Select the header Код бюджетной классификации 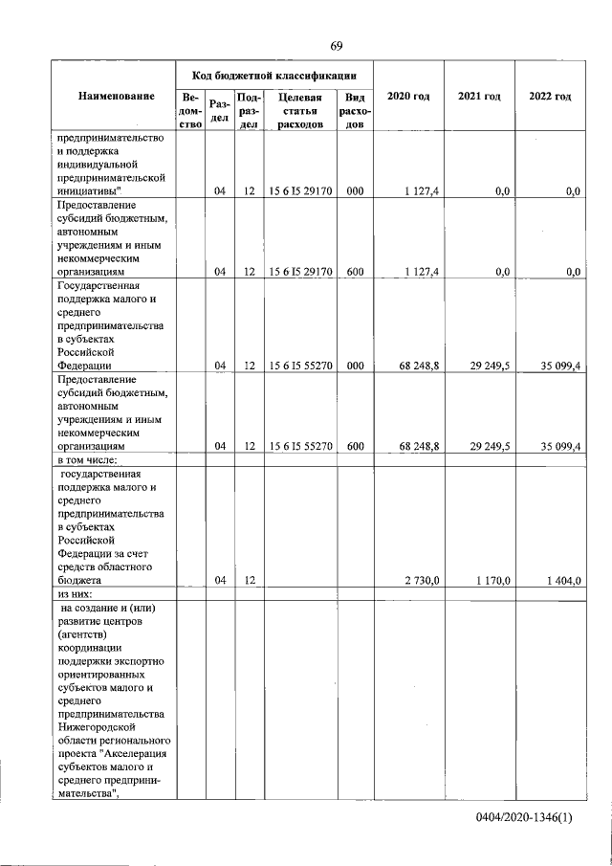(274, 74)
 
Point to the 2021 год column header (479, 97)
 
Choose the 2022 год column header (550, 97)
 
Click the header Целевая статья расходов (299, 110)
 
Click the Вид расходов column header (355, 110)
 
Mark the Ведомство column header (191, 110)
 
